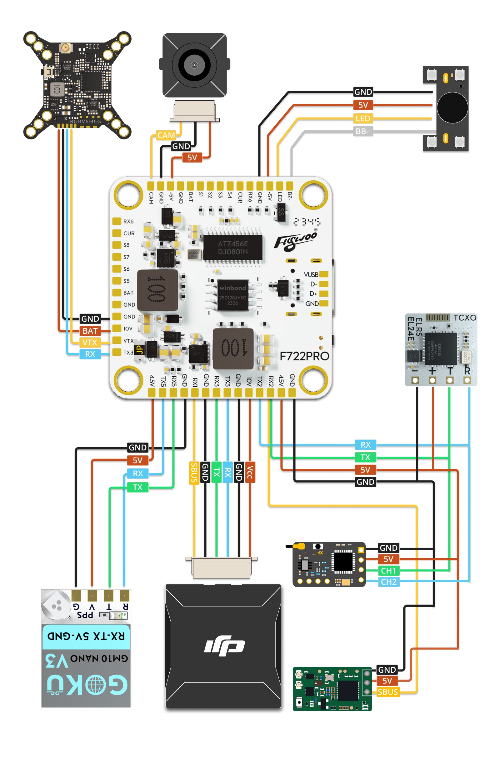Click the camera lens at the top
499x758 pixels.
pyautogui.click(x=194, y=65)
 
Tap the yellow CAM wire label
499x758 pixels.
pyautogui.click(x=166, y=135)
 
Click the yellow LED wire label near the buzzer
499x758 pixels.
pyautogui.click(x=363, y=118)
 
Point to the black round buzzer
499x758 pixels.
pyautogui.click(x=452, y=108)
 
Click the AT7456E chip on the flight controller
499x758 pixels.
pyautogui.click(x=233, y=248)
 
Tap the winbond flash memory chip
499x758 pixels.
pyautogui.click(x=232, y=294)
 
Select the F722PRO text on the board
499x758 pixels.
pyautogui.click(x=304, y=356)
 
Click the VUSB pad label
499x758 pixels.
pyautogui.click(x=311, y=274)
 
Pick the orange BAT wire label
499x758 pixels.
pyautogui.click(x=90, y=331)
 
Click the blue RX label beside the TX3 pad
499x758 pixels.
pyautogui.click(x=90, y=354)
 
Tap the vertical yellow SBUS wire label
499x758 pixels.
pyautogui.click(x=194, y=472)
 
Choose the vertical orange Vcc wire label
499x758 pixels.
pyautogui.click(x=250, y=472)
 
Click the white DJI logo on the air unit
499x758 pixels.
pyautogui.click(x=224, y=646)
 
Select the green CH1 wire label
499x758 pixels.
pyautogui.click(x=388, y=570)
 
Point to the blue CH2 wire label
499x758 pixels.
pyautogui.click(x=388, y=582)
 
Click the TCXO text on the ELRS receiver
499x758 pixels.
pyautogui.click(x=464, y=318)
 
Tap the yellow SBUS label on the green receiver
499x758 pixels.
pyautogui.click(x=387, y=692)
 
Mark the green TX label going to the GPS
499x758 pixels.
pyautogui.click(x=137, y=487)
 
